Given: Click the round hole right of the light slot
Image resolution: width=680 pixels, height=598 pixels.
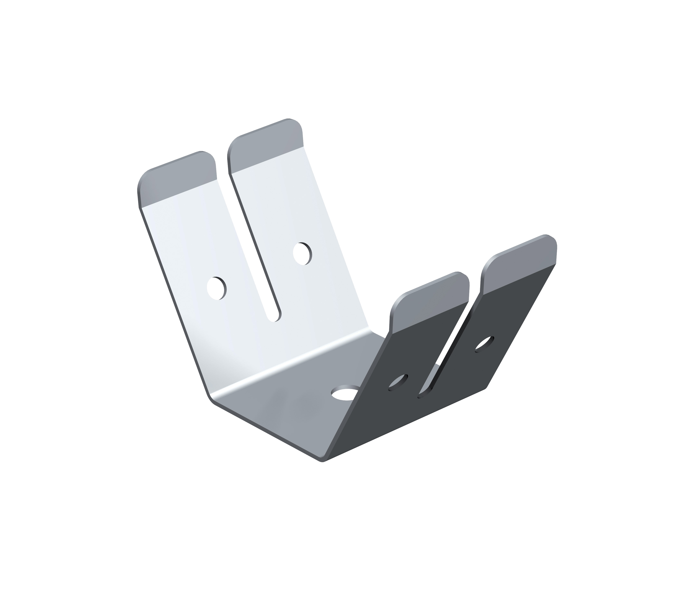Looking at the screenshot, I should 302,254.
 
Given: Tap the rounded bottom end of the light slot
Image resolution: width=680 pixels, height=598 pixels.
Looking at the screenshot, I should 275,319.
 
